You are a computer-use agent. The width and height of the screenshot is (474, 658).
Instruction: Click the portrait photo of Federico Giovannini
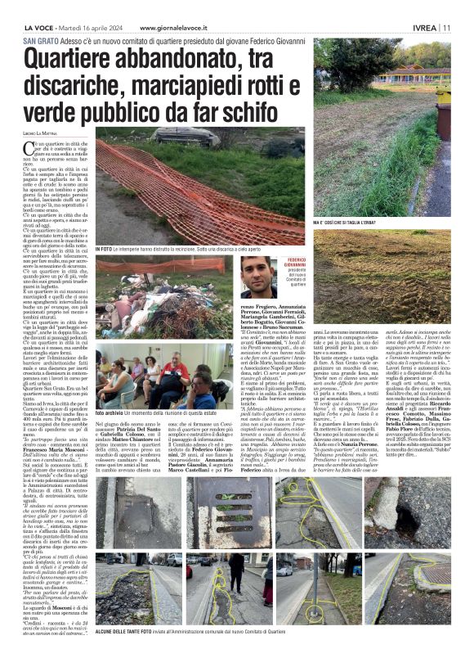[257, 277]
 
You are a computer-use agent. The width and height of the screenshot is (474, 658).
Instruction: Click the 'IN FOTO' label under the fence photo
[105, 248]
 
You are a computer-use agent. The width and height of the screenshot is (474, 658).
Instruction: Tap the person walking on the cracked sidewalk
[238, 578]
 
